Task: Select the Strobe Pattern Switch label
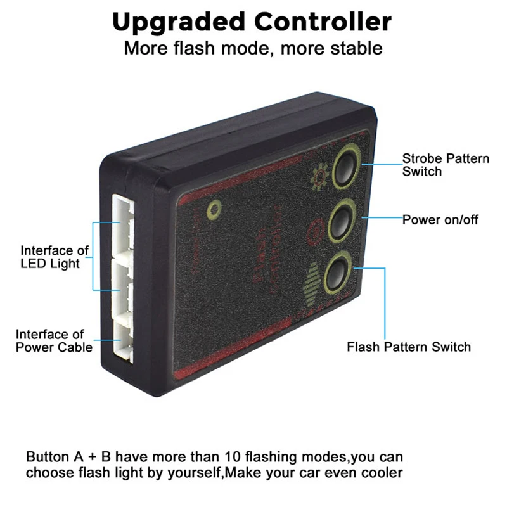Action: click(x=446, y=164)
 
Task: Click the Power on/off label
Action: click(x=440, y=220)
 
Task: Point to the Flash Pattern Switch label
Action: click(x=409, y=347)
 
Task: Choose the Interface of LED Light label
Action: click(x=54, y=257)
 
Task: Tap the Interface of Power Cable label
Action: click(x=54, y=340)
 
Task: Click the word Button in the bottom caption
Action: click(x=48, y=456)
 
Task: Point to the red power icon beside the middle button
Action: click(x=312, y=230)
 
